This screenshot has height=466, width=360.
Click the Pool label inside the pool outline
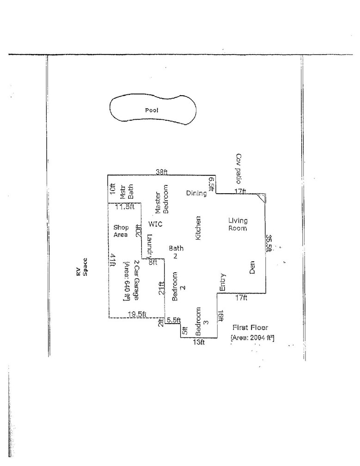point(152,110)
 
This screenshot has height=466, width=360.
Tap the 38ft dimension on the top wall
point(161,172)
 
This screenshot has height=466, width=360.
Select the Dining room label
point(196,193)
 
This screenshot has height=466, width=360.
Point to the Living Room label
point(238,224)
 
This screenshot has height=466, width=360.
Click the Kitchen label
point(199,228)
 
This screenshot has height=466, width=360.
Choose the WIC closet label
point(155,224)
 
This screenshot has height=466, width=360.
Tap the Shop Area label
point(121,231)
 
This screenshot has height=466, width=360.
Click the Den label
point(252,269)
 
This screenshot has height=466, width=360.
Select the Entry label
point(222,282)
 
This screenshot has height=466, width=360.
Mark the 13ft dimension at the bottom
point(199,343)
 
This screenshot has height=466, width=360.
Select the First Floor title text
point(250,327)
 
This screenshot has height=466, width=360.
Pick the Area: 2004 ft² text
point(252,338)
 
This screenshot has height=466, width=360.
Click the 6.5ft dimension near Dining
point(212,184)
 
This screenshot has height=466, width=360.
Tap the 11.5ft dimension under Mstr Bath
point(124,207)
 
